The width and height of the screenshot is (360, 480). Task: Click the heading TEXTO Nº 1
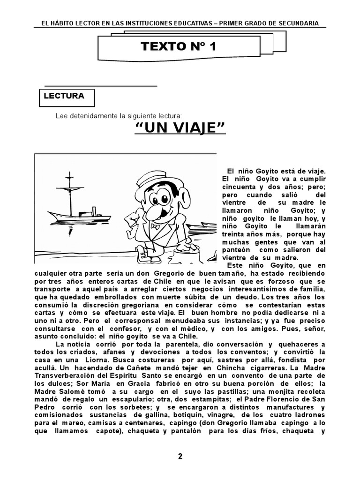[178, 46]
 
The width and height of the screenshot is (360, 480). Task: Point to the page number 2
[180, 457]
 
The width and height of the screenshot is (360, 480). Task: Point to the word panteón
[233, 250]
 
